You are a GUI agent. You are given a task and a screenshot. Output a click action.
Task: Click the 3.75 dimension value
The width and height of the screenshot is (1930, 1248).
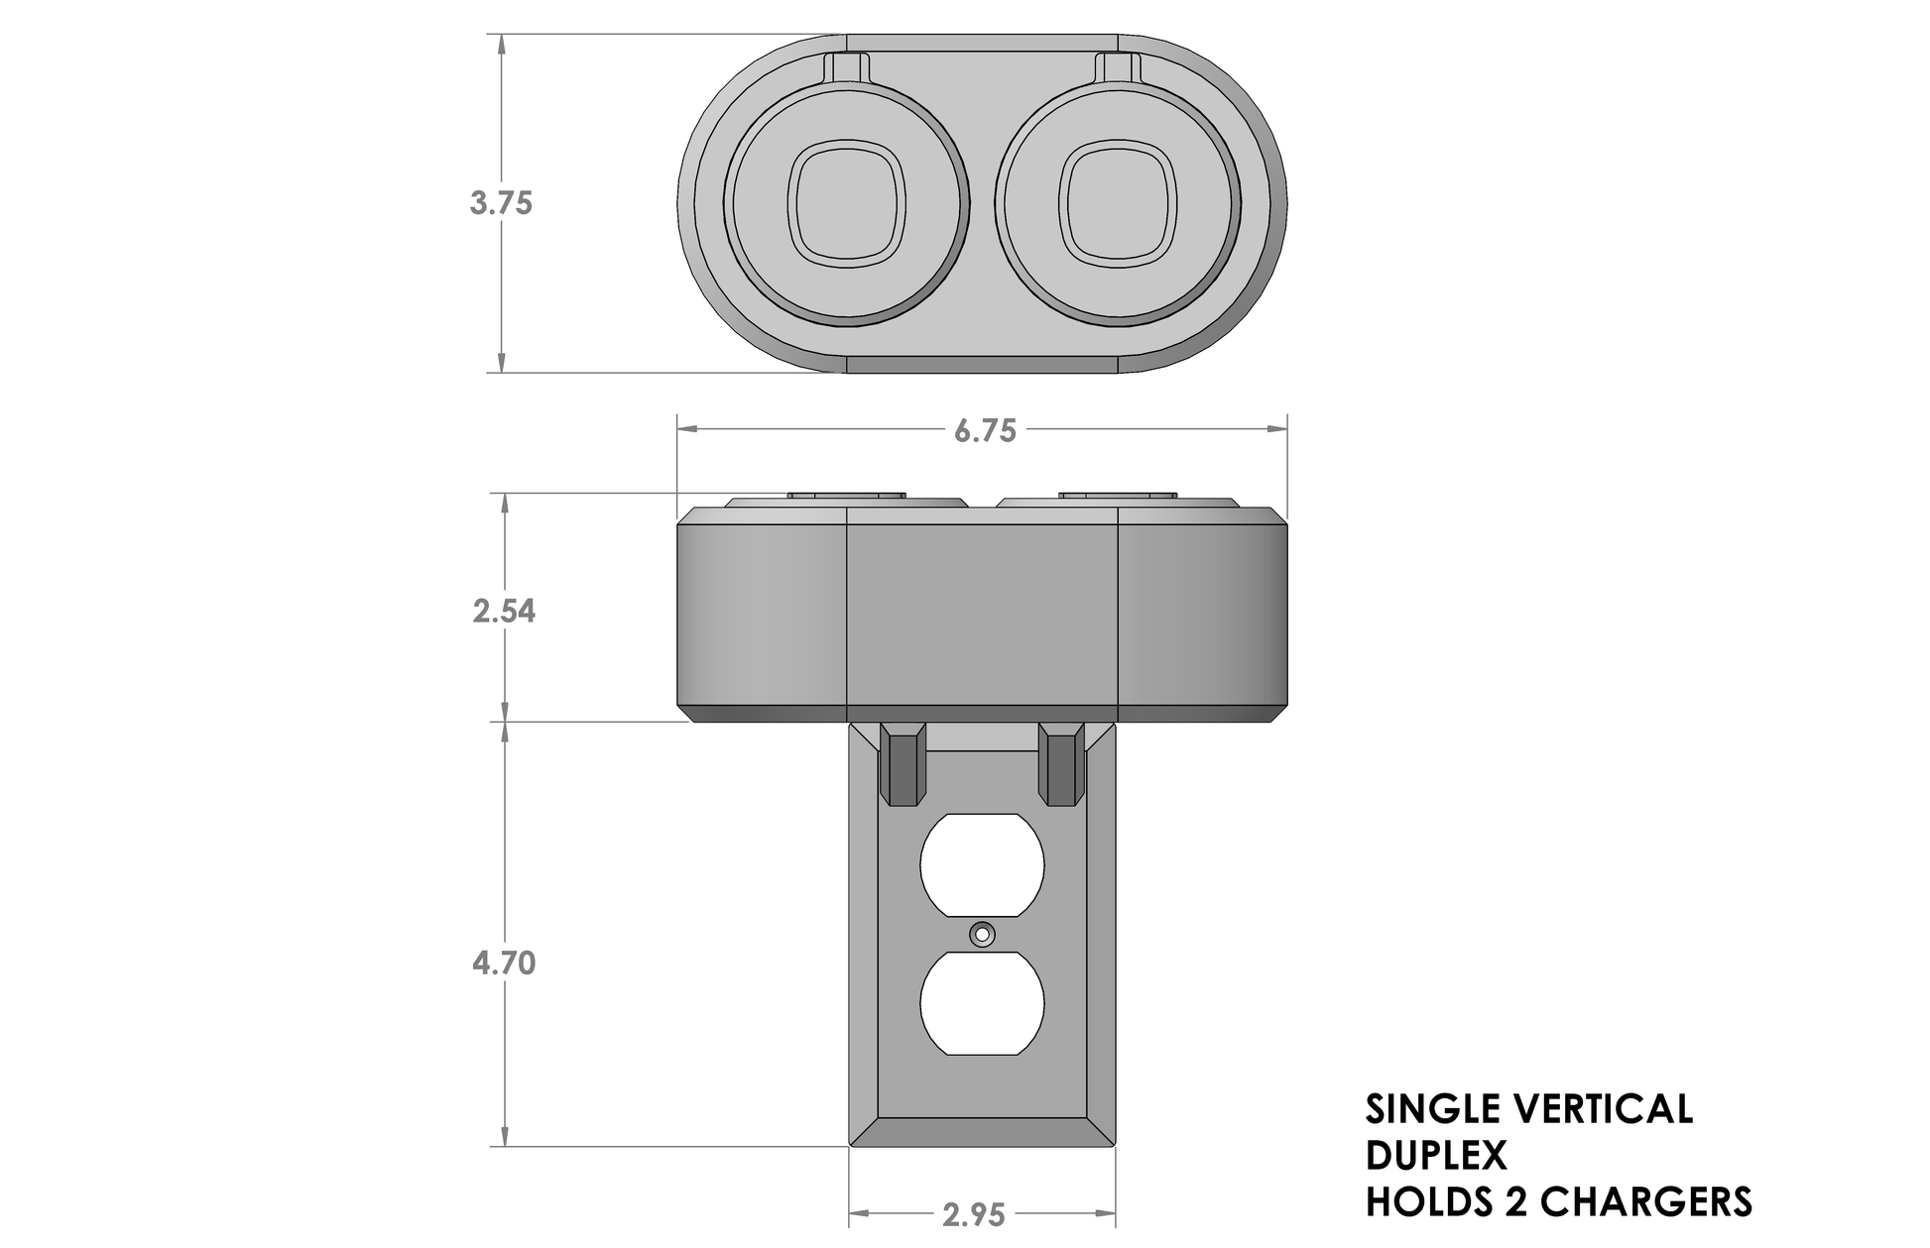(x=501, y=203)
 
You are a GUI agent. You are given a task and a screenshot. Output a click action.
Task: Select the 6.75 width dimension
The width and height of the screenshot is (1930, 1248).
(x=985, y=431)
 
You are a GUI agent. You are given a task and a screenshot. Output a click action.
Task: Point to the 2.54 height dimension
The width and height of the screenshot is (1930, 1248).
(x=504, y=612)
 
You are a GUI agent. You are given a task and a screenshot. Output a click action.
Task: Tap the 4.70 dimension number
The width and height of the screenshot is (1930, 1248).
(x=504, y=963)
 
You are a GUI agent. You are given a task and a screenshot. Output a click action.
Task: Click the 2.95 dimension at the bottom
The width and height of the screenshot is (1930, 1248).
(x=974, y=1215)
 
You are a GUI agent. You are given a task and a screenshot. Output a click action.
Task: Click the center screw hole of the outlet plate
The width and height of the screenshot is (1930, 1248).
(x=983, y=934)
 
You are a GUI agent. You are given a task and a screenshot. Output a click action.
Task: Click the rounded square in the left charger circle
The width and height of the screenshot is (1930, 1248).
(x=847, y=203)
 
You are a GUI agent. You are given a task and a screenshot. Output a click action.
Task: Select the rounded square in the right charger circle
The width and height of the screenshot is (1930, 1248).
(x=1118, y=203)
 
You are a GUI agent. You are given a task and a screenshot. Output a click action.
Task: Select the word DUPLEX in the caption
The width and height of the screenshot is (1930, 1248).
(x=1435, y=1156)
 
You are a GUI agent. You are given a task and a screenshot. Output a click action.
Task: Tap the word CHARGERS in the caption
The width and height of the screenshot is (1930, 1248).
(x=1647, y=1201)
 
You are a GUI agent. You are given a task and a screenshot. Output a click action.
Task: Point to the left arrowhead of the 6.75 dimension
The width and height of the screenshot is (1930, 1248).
(x=685, y=430)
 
